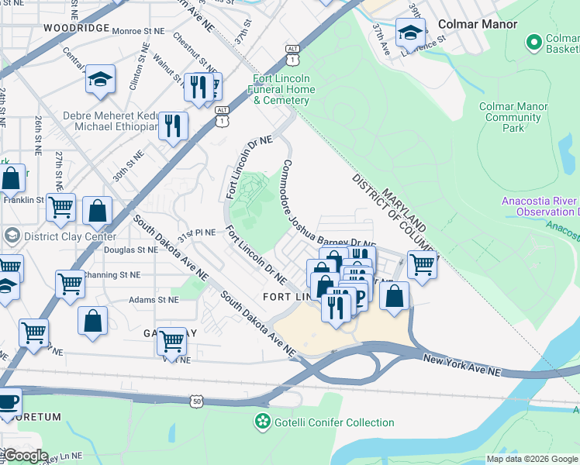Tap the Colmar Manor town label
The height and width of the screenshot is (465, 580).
click(x=477, y=24)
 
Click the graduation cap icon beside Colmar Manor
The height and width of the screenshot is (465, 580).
click(x=410, y=33)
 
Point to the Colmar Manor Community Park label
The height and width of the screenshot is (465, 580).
click(x=513, y=117)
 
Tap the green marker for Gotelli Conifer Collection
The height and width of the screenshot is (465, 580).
click(x=263, y=422)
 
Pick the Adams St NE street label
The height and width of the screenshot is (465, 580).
click(x=132, y=299)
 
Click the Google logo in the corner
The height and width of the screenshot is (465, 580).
click(x=25, y=456)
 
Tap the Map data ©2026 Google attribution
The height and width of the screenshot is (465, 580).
click(x=532, y=459)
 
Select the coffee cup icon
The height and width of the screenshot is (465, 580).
click(x=8, y=401)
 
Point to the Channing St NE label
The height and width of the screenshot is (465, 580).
click(x=113, y=274)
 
